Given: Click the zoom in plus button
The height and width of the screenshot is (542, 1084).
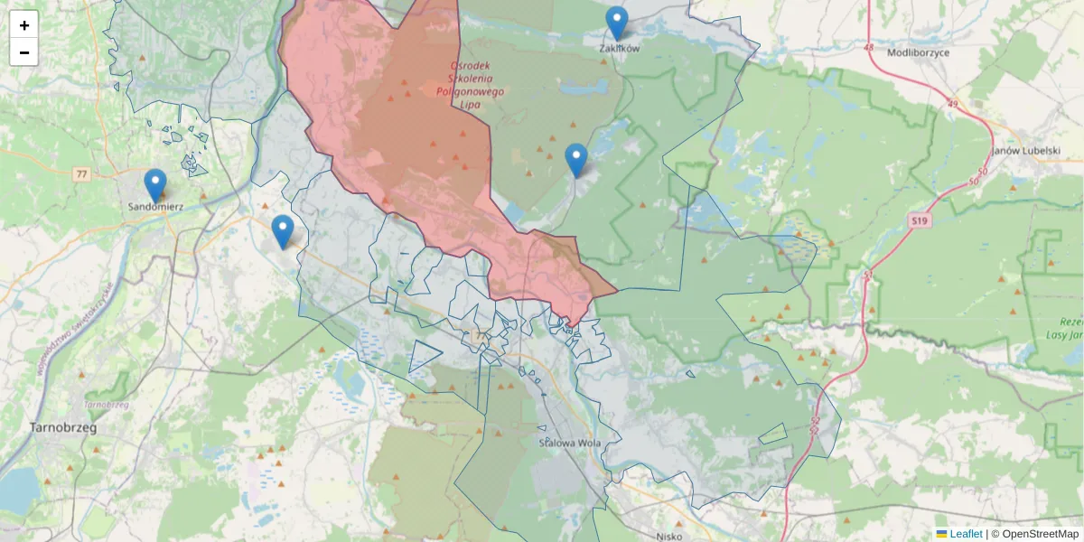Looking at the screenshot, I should pos(24,25).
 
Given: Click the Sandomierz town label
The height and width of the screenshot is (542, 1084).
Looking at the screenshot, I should pos(155,206).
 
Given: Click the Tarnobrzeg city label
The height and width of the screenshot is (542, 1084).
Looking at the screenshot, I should pos(63,427).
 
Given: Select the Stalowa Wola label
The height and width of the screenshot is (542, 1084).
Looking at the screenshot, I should pos(570,443).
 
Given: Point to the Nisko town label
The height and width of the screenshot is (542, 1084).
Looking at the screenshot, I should pos(669,535).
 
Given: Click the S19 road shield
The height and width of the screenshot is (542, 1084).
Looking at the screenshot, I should pos(920,220).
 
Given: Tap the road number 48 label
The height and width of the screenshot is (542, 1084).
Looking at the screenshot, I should pos(869,47).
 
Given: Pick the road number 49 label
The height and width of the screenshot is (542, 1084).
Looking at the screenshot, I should pos(952,104).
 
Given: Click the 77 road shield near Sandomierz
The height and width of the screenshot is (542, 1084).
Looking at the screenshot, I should pos(82,173).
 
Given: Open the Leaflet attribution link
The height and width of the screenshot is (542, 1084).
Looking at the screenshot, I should pos(966,534).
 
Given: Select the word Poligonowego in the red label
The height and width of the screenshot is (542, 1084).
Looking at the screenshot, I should pos(471,91).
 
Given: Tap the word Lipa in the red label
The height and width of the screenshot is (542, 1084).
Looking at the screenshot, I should pos(470,104).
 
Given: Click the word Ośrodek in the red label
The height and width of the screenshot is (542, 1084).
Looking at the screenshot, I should pos(471,66).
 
